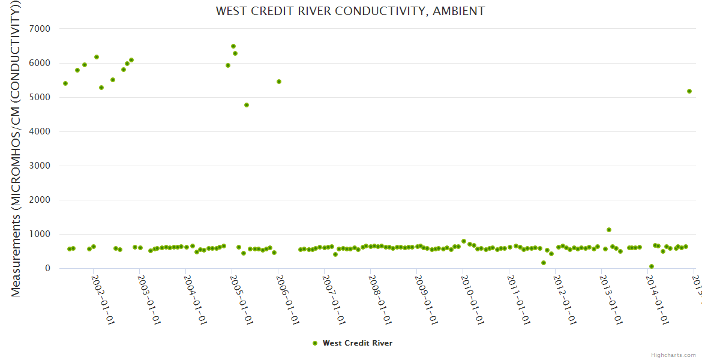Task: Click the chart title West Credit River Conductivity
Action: tap(350, 11)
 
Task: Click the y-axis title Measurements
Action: tap(16, 148)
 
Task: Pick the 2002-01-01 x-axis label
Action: tap(103, 300)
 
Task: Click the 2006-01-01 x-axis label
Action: tap(287, 300)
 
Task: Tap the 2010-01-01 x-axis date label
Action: tap(472, 300)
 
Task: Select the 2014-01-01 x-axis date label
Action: tap(657, 300)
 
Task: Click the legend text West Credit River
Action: tap(358, 343)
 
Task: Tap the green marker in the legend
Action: tap(315, 343)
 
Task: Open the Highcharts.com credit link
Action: tap(673, 355)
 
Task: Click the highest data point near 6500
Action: tap(233, 46)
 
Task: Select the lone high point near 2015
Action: tap(689, 91)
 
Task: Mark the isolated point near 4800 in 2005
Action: tap(247, 105)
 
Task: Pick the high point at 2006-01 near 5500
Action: tap(279, 82)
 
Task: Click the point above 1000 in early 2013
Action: tap(609, 230)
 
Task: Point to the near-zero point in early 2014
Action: tap(652, 266)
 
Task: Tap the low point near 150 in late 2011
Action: tap(544, 263)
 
